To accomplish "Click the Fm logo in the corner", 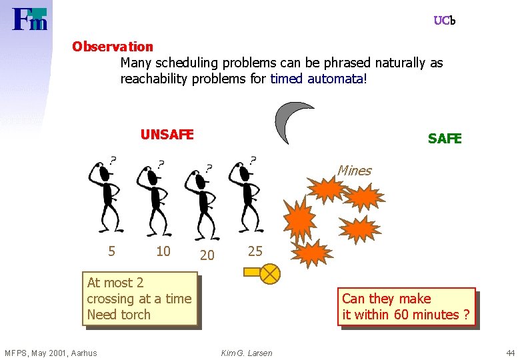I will (30, 19).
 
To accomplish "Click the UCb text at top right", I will (444, 21).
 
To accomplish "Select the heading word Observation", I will (113, 47).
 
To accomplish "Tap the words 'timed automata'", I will (317, 79).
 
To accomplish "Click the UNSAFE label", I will (167, 135).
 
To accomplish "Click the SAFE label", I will (444, 139).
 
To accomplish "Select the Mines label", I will (354, 171).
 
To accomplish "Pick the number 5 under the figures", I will (111, 251).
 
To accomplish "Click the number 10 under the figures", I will (163, 251).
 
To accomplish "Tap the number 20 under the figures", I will (207, 255).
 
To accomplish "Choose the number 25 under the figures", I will (255, 251).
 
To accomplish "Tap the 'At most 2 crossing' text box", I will (140, 299).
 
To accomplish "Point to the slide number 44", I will (510, 353).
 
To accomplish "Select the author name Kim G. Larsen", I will (247, 353).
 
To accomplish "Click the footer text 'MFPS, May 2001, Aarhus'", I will (51, 353).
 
